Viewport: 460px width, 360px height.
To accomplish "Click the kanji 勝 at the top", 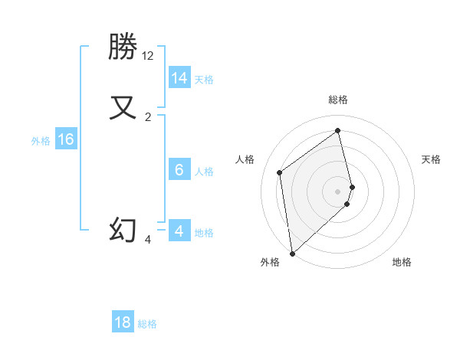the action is (123, 47).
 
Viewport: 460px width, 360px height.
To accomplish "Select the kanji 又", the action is (123, 106).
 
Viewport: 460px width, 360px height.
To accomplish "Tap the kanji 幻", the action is (123, 230).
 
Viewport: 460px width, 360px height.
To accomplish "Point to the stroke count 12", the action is (148, 56).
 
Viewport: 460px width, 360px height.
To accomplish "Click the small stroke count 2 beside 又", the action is (148, 117).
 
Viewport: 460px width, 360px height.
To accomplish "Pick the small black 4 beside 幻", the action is (148, 240).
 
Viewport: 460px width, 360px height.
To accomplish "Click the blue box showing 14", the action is (179, 78).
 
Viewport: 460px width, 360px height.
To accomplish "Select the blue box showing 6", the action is (179, 170).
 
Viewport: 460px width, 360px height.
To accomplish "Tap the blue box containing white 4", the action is (179, 231).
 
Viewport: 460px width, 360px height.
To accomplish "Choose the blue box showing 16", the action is (66, 139).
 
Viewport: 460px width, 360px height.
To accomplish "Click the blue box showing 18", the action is (123, 322).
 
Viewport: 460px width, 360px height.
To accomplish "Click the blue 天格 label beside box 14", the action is (203, 79).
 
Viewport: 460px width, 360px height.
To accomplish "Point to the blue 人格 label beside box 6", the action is (203, 172).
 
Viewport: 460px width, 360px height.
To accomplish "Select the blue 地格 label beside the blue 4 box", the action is (203, 233).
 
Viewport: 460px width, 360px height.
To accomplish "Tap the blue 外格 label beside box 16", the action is (41, 141).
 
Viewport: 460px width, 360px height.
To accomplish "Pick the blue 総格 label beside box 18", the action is (147, 324).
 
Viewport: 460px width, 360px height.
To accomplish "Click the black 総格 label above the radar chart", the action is (338, 100).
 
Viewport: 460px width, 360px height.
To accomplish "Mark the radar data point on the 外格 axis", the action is (291, 253).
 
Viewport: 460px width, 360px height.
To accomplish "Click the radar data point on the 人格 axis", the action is (280, 172).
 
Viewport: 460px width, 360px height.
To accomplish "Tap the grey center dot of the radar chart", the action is (338, 191).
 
